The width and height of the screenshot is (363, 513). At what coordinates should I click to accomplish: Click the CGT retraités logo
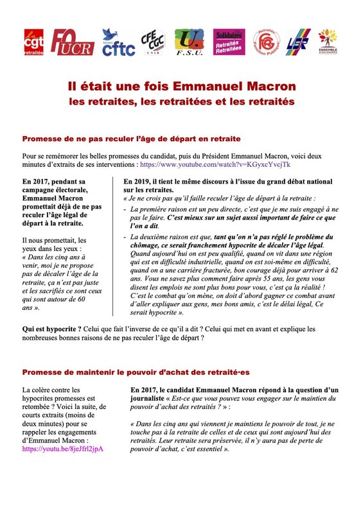click(34, 42)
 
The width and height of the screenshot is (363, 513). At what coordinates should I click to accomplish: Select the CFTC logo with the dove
click(118, 42)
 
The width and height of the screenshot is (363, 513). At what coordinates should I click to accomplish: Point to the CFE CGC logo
click(154, 42)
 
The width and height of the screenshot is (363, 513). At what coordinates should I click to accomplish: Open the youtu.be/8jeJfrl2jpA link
click(62, 449)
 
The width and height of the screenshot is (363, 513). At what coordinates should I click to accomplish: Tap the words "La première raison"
click(159, 209)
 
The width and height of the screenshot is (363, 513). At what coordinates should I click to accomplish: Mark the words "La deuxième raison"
click(162, 237)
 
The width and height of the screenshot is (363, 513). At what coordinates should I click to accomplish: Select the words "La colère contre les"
click(51, 390)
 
